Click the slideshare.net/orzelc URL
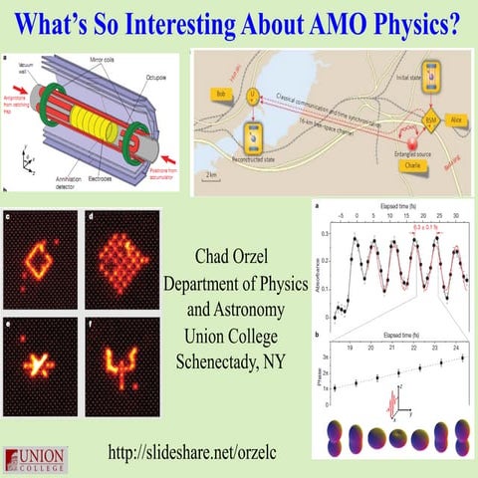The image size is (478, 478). (x=225, y=453)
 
